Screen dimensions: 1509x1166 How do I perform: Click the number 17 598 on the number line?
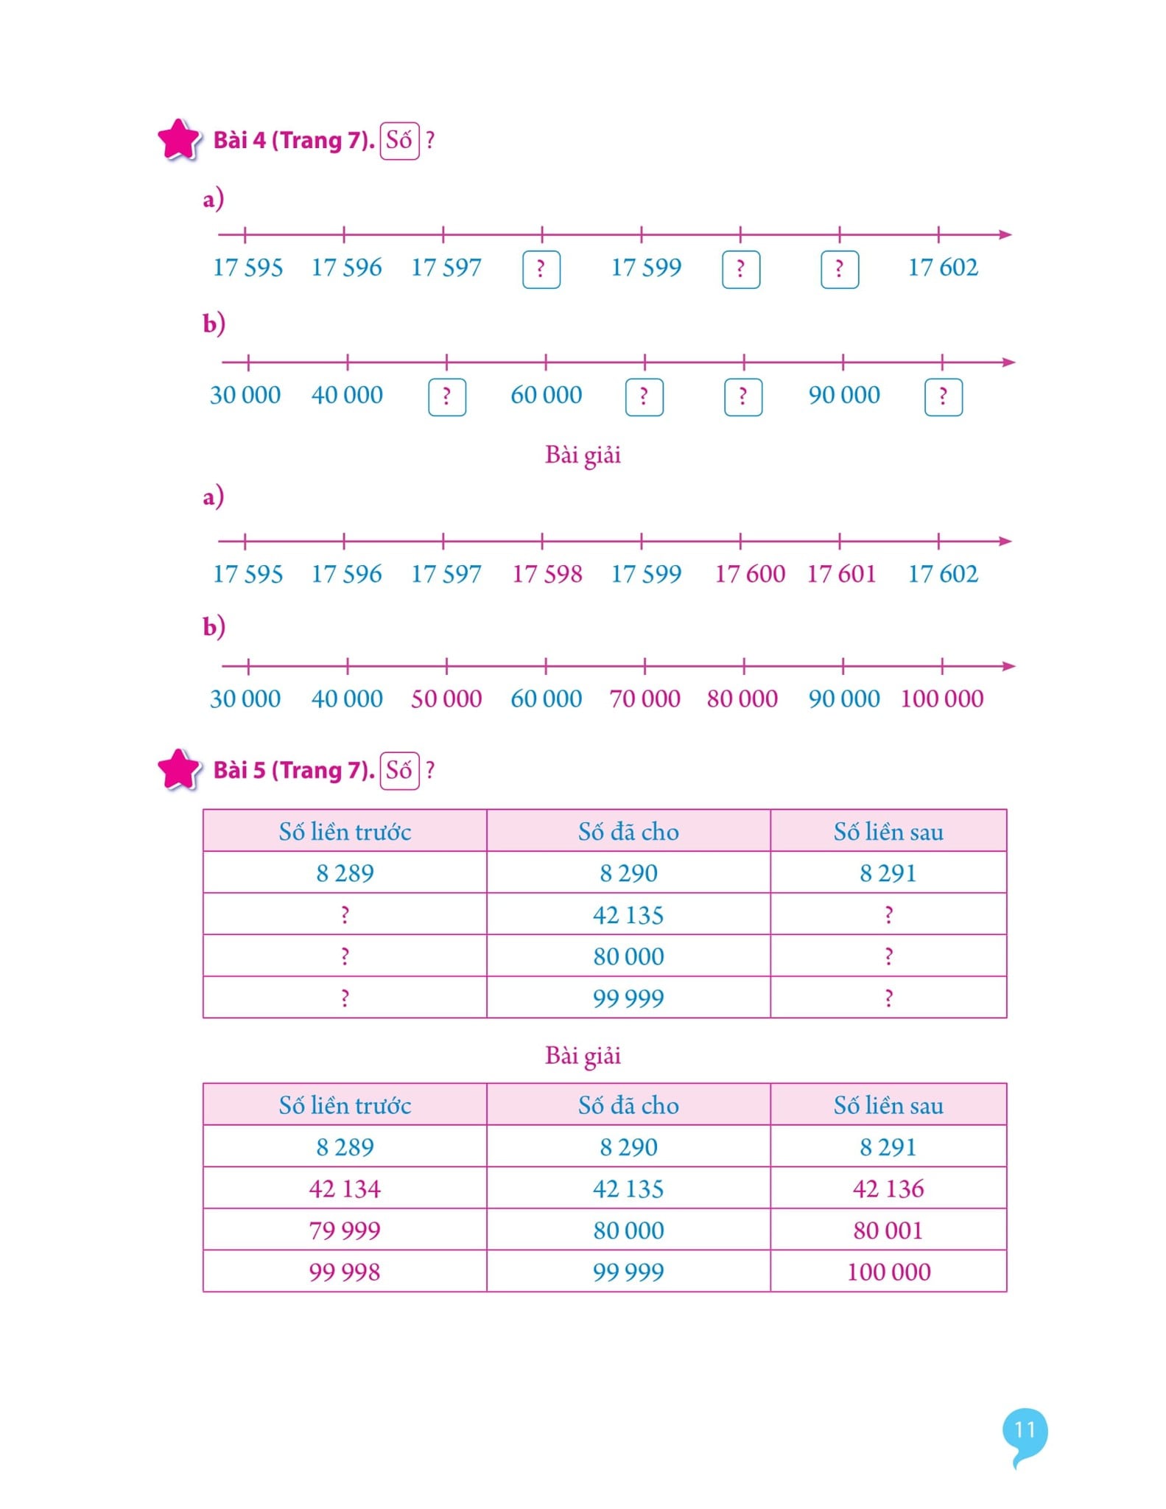(547, 574)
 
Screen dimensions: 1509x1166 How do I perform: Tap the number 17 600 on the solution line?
(750, 574)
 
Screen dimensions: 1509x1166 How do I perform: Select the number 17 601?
(841, 574)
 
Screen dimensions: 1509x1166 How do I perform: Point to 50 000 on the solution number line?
(446, 699)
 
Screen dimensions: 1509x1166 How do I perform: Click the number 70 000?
(645, 699)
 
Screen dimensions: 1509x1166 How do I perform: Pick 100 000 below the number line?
(942, 699)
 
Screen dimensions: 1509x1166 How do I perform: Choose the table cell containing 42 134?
(345, 1188)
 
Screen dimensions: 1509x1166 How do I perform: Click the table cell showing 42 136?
(888, 1188)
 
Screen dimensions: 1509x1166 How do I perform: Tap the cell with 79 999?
(345, 1230)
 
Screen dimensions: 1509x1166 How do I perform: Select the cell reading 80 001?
(888, 1230)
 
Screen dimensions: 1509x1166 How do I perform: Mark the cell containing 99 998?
(345, 1272)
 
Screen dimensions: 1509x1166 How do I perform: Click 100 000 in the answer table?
(888, 1272)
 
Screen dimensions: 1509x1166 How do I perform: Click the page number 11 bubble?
(1025, 1431)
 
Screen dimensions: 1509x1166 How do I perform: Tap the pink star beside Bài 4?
(179, 139)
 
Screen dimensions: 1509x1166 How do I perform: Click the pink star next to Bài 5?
(179, 769)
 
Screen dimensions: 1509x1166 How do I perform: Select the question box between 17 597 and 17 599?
(541, 270)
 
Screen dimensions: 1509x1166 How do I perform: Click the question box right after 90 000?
(944, 397)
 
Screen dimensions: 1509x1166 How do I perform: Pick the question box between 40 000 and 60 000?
(447, 397)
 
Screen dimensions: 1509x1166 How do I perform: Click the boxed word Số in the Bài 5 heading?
(399, 771)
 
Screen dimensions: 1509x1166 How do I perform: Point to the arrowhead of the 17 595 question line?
(1005, 234)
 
